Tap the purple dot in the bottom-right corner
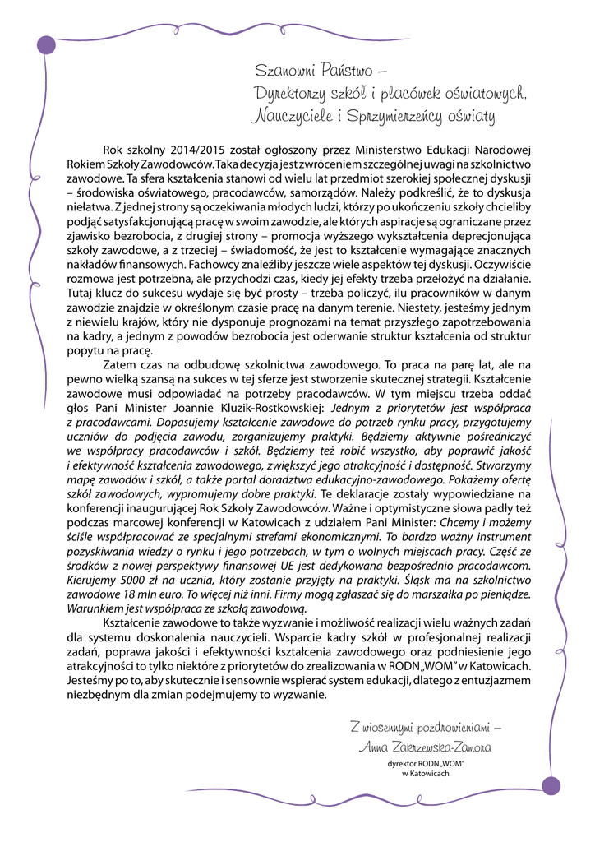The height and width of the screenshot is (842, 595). [x=551, y=785]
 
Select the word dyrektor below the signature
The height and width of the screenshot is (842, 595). [x=403, y=764]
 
